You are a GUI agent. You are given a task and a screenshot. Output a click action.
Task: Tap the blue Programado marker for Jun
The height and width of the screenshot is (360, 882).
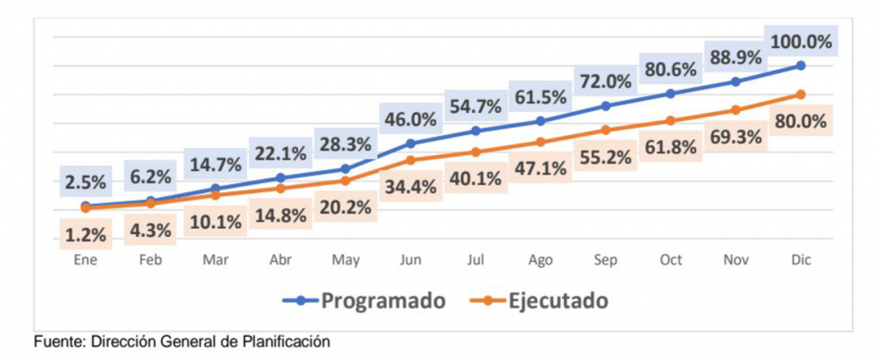[411, 143]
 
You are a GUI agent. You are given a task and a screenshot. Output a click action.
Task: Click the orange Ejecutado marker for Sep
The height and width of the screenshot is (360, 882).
[606, 130]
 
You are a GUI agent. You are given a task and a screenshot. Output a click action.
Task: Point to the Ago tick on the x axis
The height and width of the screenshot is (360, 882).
[540, 258]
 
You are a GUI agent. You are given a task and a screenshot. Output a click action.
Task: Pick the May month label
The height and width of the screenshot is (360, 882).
[345, 258]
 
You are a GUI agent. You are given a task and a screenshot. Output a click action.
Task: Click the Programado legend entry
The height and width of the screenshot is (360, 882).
[365, 301]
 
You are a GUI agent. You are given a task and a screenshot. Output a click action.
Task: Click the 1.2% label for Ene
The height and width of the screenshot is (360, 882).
[85, 233]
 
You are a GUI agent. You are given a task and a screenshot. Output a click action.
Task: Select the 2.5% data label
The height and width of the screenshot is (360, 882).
[85, 182]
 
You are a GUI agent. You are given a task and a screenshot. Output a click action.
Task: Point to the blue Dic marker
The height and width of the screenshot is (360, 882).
[800, 65]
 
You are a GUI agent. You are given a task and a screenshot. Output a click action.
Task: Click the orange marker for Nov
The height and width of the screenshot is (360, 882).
[736, 110]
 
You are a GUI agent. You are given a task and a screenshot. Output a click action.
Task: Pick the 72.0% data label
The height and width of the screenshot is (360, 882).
[605, 82]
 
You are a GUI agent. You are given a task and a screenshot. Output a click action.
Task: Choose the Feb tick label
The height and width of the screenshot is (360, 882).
[151, 258]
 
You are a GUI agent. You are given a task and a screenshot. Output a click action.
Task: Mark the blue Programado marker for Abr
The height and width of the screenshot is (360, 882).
[281, 177]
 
